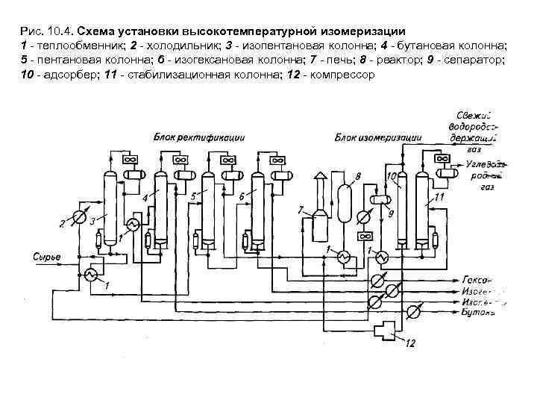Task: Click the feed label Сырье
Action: (x=47, y=257)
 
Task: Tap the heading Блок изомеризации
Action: (x=377, y=137)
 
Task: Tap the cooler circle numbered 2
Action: (x=80, y=216)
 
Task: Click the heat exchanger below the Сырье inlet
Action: (x=91, y=275)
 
